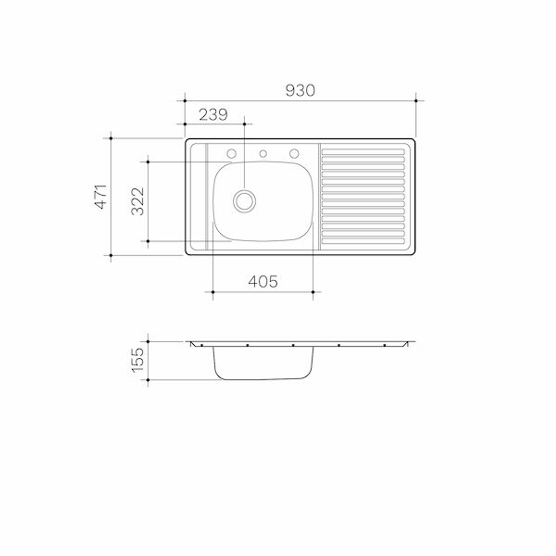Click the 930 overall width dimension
click(300, 91)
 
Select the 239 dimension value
click(213, 114)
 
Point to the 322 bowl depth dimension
click(137, 201)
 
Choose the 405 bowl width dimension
click(263, 282)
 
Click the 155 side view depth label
click(137, 360)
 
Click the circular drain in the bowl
click(244, 201)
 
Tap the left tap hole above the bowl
click(232, 153)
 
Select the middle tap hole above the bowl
click(263, 153)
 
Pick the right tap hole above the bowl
click(294, 153)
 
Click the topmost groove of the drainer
click(363, 152)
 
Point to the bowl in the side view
click(263, 363)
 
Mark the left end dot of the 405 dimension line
click(213, 292)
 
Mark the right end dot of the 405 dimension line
click(313, 292)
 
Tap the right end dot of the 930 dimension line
click(416, 100)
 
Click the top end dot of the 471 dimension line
click(111, 138)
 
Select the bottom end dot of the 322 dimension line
click(148, 241)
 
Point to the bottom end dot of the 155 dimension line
click(148, 380)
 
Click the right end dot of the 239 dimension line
click(244, 124)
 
